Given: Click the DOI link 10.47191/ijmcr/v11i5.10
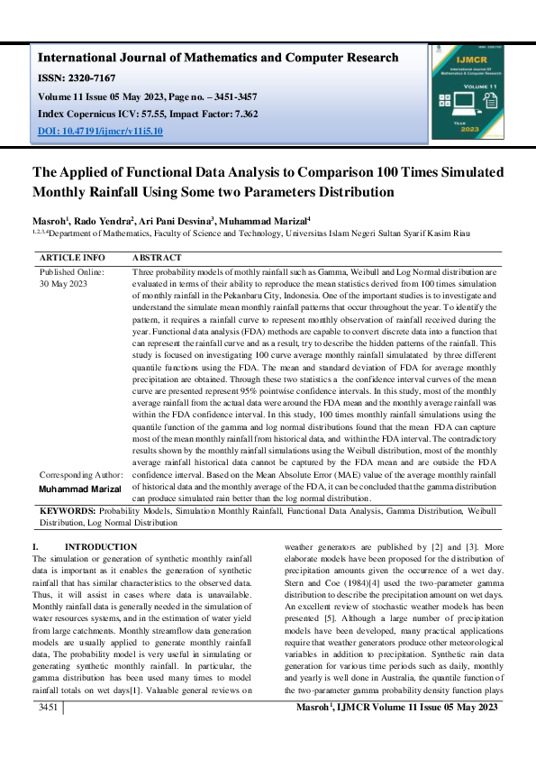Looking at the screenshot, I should click(100, 131).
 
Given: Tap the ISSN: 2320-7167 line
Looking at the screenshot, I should click(75, 78).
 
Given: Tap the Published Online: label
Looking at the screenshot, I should click(72, 270).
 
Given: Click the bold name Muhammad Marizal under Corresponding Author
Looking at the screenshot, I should click(80, 488).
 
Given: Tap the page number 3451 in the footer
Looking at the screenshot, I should click(45, 735).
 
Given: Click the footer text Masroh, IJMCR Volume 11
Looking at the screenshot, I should click(396, 735).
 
